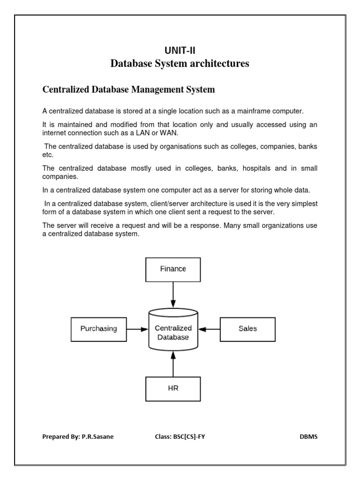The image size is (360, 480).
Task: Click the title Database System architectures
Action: [x=180, y=63]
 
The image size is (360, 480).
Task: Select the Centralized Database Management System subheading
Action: [x=128, y=89]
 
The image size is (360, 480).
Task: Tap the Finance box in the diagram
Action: [x=173, y=269]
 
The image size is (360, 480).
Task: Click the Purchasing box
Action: [x=98, y=329]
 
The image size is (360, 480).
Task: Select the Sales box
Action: [x=247, y=329]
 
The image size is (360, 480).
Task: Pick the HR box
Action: [x=173, y=389]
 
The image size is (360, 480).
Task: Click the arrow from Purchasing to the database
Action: [x=137, y=329]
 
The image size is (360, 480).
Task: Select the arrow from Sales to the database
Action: [x=209, y=329]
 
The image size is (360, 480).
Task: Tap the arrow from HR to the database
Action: [x=173, y=365]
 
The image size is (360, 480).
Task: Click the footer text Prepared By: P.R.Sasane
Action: [x=78, y=436]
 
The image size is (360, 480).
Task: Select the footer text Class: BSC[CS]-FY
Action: [x=180, y=436]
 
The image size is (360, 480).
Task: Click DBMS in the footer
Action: [x=308, y=436]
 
